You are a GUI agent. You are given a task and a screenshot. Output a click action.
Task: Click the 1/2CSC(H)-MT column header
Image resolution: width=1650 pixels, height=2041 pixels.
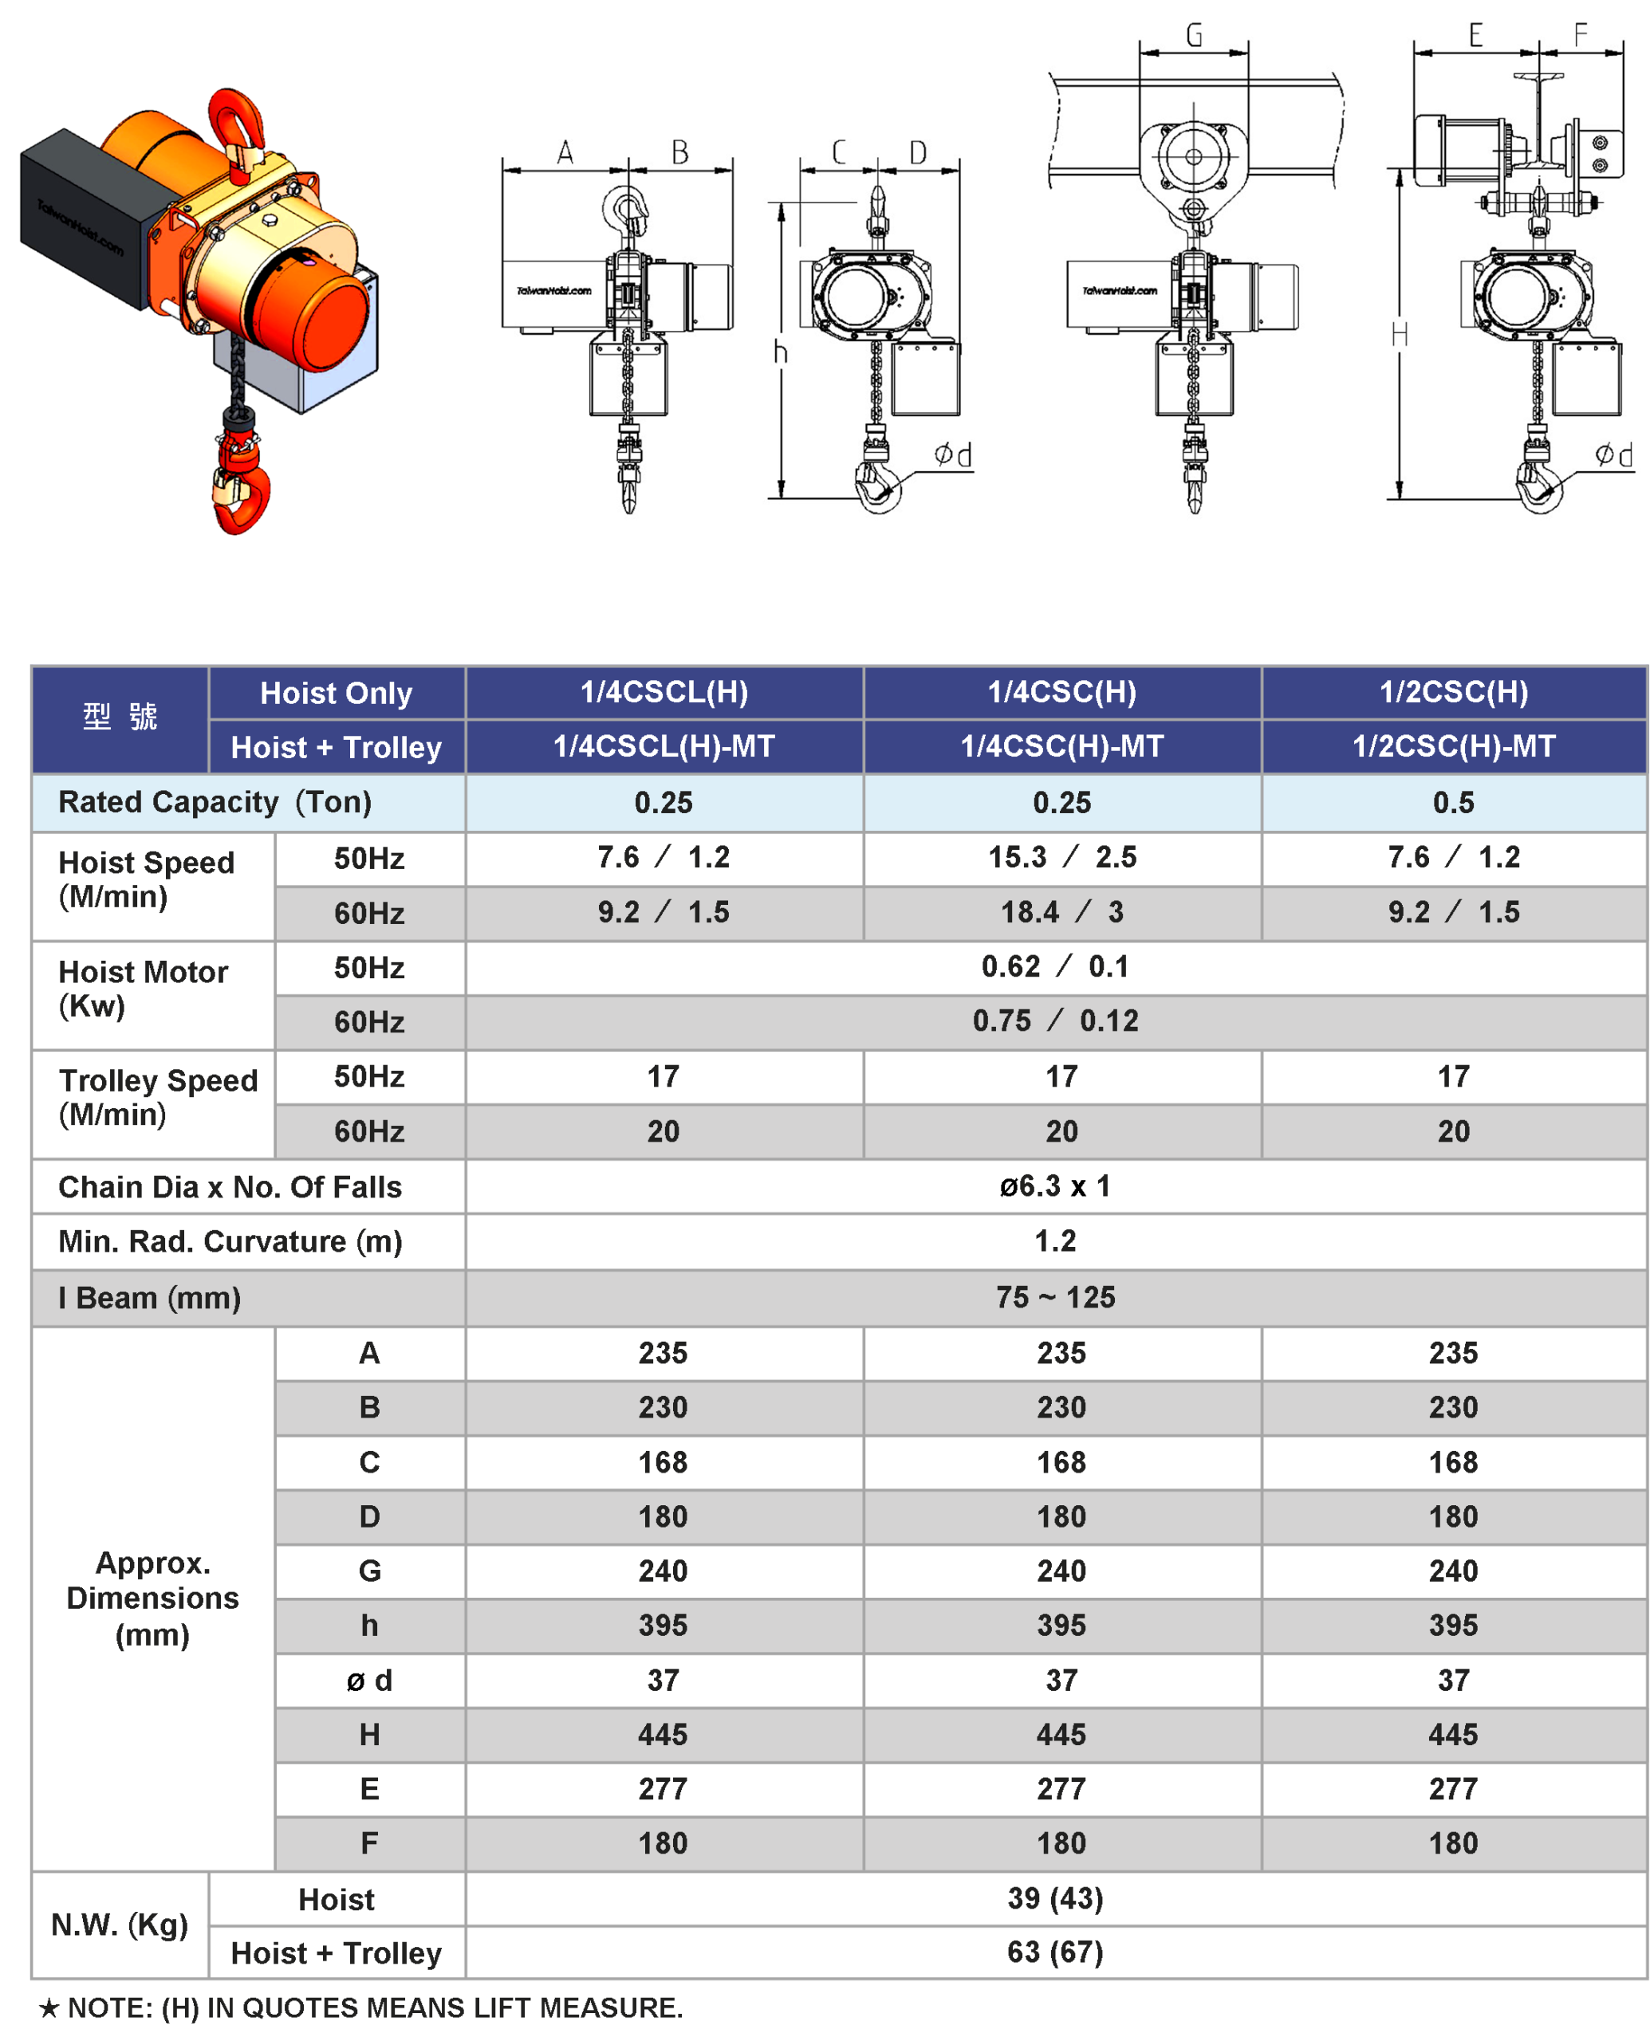[1453, 747]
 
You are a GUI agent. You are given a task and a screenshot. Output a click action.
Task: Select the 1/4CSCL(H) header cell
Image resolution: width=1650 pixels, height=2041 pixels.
[664, 693]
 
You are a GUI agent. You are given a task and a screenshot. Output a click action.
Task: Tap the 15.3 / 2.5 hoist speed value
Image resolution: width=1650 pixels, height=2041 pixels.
[1061, 857]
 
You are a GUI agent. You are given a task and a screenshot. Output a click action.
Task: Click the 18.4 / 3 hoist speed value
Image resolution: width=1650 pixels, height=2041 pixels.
[1061, 912]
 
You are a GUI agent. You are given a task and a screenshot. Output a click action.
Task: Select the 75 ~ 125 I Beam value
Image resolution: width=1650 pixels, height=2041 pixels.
[1055, 1297]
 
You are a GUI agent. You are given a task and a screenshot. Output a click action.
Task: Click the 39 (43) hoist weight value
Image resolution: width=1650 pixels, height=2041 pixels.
[1055, 1898]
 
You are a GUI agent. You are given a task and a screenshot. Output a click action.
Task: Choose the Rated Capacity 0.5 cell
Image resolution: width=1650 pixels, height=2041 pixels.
[1453, 803]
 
